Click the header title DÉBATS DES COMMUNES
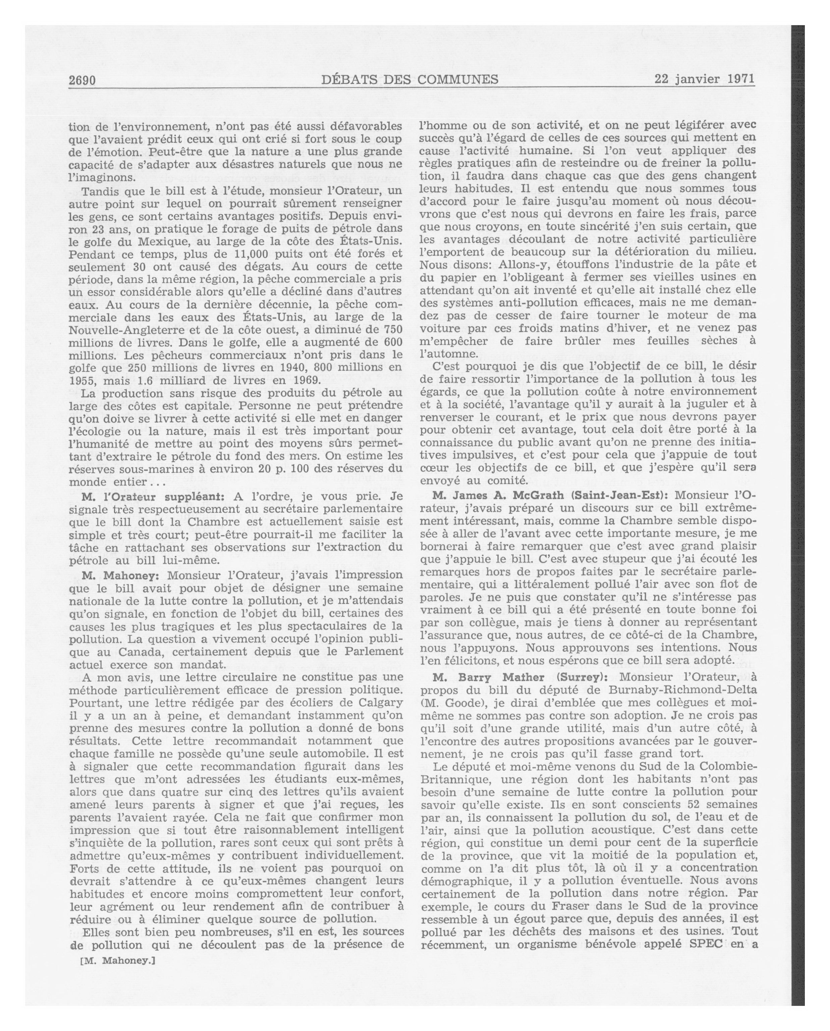tap(410, 79)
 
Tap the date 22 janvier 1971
tap(704, 78)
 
